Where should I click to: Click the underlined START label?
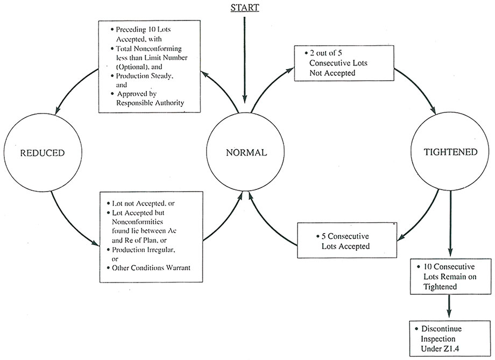coord(245,8)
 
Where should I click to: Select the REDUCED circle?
coord(42,153)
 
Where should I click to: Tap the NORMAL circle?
coord(246,153)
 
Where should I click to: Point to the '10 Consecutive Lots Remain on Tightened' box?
coord(445,277)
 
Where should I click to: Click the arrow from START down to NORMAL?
coord(245,59)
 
